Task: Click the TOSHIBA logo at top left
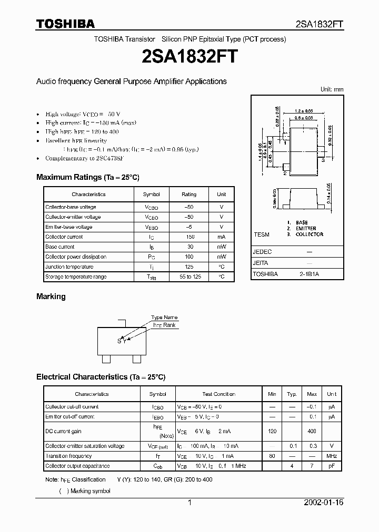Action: [65, 24]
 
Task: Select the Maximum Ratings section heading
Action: [88, 177]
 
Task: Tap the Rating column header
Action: [189, 194]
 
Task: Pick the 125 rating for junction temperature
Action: [189, 267]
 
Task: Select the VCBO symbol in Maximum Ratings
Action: [151, 207]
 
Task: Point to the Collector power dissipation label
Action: [76, 257]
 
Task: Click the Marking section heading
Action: [51, 296]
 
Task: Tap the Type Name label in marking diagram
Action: [164, 318]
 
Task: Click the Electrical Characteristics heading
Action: [101, 377]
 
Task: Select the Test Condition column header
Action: [218, 394]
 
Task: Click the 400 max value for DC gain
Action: [312, 431]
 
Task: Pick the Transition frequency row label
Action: [68, 456]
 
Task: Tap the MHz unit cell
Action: [332, 456]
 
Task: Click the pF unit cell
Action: [332, 466]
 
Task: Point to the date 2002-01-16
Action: [324, 503]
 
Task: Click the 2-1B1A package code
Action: [310, 274]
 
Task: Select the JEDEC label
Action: [262, 252]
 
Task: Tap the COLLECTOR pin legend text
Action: [309, 234]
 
